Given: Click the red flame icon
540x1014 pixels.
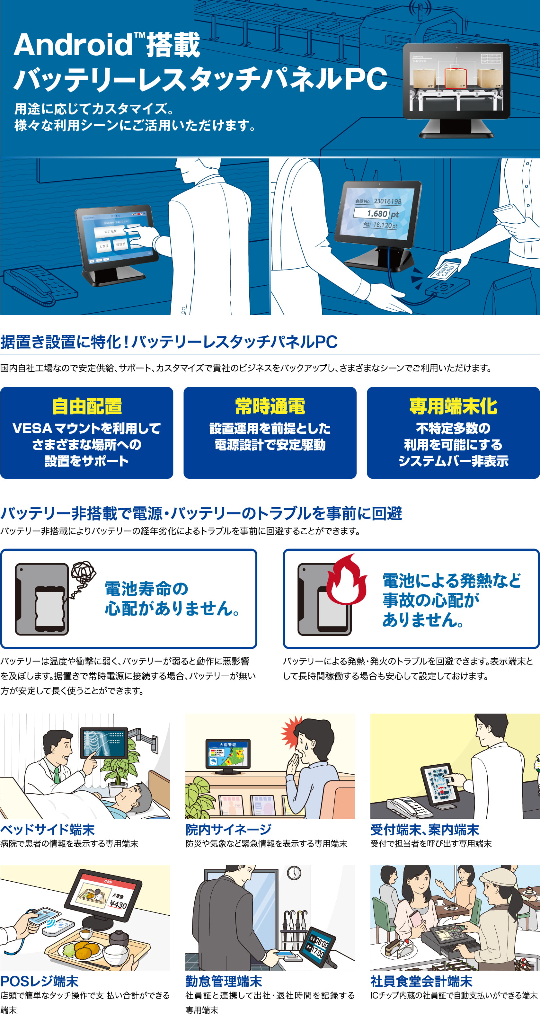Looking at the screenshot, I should coord(346,581).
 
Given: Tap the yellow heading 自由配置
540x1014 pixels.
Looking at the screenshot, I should coord(87,406).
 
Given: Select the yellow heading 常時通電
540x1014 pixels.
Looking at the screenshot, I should coord(270,406).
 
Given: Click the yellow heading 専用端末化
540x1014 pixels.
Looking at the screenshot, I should coord(453,406).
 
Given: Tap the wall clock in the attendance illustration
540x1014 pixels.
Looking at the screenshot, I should coord(294,873).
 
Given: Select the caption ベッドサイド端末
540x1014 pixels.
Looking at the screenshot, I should coord(48,830).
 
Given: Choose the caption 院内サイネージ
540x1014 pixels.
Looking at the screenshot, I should coord(228,830).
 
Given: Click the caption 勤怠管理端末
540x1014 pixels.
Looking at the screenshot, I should coord(224,981).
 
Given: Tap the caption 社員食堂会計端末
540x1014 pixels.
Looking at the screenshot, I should coord(421,981).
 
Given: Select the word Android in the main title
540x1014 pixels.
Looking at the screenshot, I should coord(73,44).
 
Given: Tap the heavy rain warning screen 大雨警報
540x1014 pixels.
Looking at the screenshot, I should coord(228,754).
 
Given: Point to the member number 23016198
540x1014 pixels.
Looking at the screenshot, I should coord(387,201).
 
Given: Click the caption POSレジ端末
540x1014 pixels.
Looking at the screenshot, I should coord(40,981).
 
